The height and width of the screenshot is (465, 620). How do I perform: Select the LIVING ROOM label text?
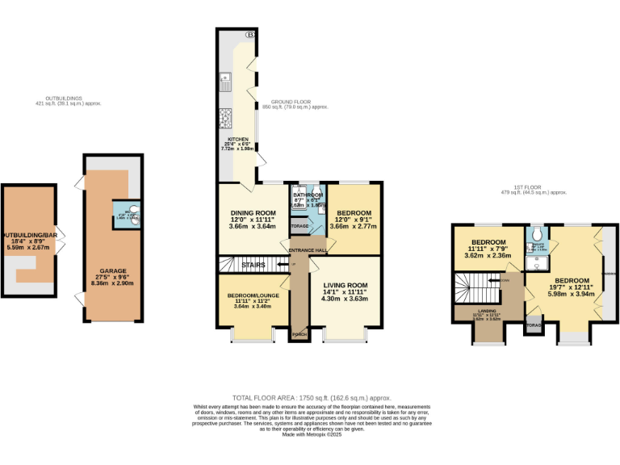346,285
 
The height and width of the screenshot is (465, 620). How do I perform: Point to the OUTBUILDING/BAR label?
30,235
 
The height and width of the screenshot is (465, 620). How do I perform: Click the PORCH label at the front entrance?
298,334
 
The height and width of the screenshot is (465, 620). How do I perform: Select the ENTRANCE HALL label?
308,250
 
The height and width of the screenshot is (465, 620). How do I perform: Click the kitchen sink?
226,81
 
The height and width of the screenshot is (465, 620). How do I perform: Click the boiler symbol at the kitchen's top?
250,35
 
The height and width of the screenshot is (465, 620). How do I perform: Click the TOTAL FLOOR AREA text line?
312,398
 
